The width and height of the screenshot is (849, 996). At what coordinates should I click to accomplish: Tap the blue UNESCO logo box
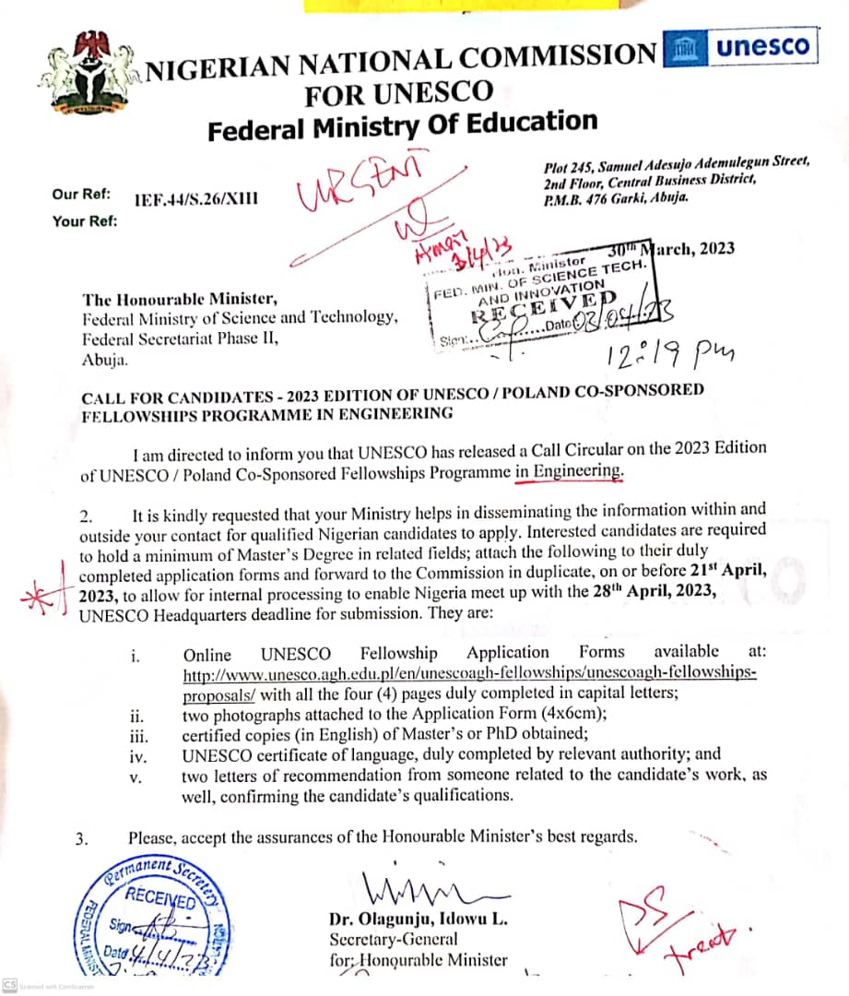(x=739, y=48)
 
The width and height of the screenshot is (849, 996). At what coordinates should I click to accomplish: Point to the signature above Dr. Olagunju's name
(x=433, y=891)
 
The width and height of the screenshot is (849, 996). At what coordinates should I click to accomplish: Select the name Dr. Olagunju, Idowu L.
(x=418, y=919)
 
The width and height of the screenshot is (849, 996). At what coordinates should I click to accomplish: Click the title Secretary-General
(x=393, y=939)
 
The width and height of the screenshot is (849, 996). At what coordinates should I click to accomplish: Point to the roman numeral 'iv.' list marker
(x=136, y=755)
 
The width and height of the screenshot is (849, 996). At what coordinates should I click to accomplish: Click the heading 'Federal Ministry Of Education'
(x=402, y=124)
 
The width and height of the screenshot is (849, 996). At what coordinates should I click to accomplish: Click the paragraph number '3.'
(x=84, y=838)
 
